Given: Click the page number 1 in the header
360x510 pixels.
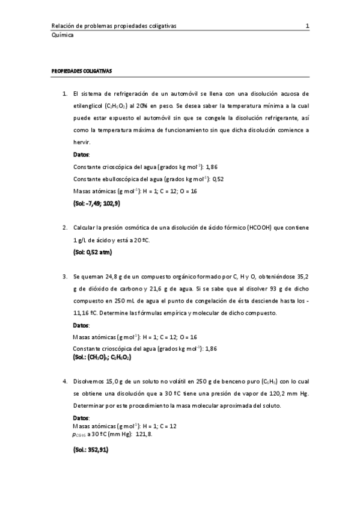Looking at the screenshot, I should (307, 26).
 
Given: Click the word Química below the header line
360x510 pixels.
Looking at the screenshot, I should (63, 35).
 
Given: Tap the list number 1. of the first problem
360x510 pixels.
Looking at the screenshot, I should (65, 94).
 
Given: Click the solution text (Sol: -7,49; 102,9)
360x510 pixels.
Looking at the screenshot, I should (96, 203).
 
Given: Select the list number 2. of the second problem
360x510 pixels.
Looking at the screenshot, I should (65, 229).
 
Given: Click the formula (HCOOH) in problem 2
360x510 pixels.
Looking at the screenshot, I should (260, 229).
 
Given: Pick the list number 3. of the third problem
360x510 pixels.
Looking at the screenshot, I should (65, 277).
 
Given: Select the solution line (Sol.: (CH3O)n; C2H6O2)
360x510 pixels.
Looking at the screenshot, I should (102, 357).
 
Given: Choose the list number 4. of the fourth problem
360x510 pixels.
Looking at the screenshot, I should (65, 381).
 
